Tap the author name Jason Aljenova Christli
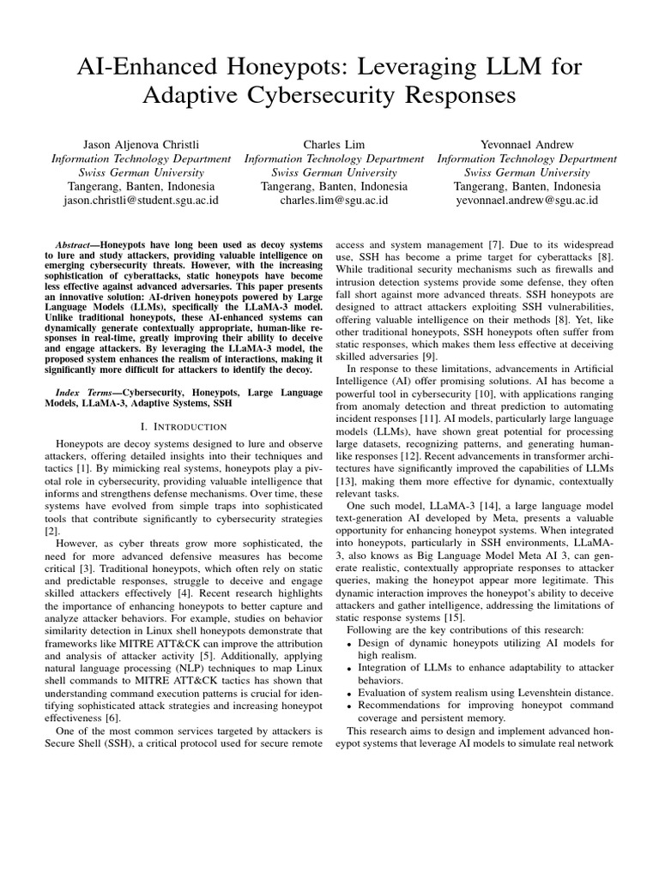142,144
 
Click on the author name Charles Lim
334,144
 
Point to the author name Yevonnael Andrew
527,144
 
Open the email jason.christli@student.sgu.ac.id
142,201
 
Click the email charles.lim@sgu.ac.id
334,201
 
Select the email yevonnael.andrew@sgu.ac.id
527,201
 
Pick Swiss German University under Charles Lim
334,172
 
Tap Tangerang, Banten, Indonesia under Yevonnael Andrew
527,186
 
